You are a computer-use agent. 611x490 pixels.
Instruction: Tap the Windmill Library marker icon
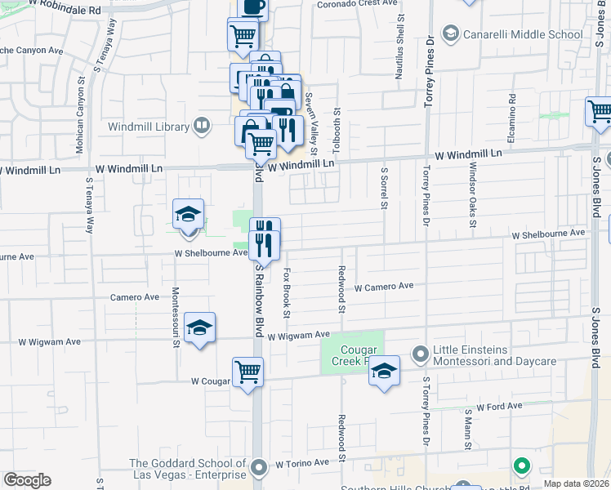201,127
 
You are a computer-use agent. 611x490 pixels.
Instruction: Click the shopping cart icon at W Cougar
248,372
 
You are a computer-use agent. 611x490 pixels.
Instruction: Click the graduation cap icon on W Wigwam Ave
200,327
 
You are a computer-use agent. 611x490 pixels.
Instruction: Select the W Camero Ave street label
384,287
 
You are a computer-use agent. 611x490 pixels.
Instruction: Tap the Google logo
27,480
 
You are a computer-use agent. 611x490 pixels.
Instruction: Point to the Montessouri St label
176,317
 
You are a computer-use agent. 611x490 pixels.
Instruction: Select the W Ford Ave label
499,406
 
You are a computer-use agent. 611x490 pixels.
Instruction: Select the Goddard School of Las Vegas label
189,470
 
